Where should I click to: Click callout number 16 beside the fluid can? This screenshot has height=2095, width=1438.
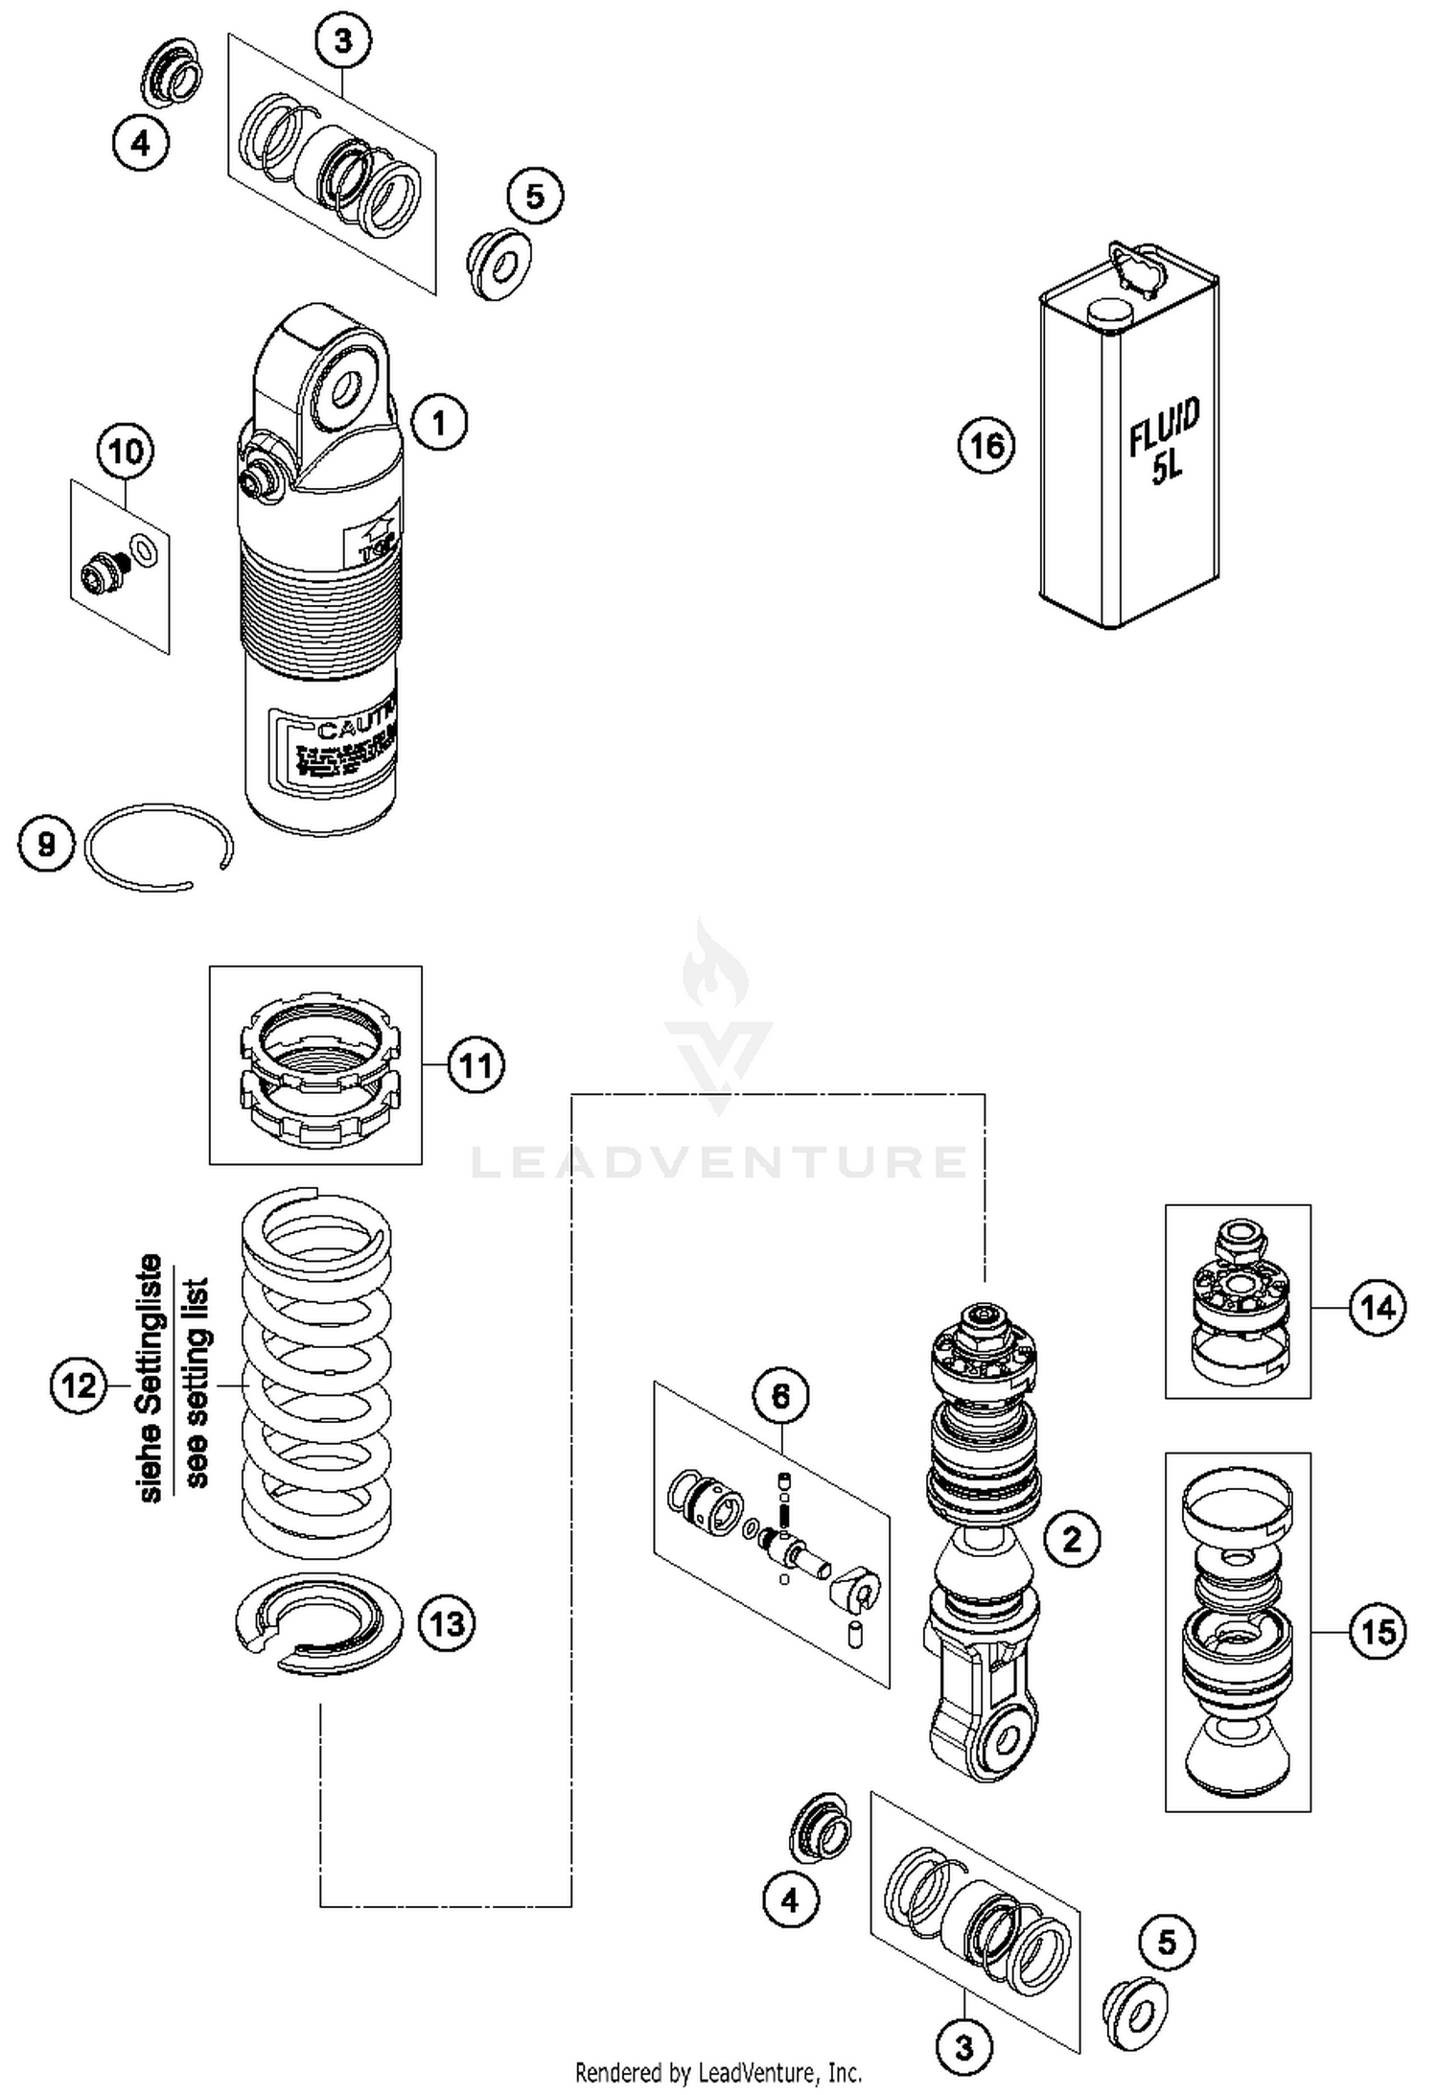[x=986, y=446]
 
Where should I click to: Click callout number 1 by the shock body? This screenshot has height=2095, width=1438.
[x=440, y=422]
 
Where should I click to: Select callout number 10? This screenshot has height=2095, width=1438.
[x=126, y=451]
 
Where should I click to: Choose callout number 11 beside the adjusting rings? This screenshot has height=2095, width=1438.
[x=476, y=1065]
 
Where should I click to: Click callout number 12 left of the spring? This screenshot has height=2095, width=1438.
[x=79, y=1385]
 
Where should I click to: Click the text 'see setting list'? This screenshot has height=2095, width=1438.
[x=196, y=1382]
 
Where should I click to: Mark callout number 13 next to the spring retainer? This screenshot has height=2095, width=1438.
[x=448, y=1623]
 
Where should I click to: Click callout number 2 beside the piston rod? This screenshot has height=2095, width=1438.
[x=1072, y=1539]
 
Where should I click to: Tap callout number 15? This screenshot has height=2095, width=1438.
[x=1378, y=1631]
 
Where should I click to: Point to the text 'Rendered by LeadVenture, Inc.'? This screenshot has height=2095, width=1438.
[x=718, y=2072]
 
